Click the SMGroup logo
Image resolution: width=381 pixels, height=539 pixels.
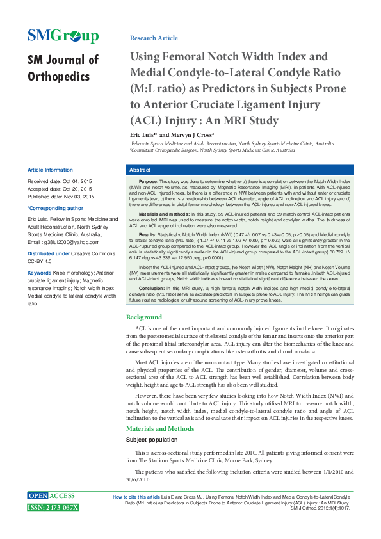pyautogui.click(x=63, y=36)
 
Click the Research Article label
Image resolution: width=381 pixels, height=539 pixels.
pyautogui.click(x=154, y=38)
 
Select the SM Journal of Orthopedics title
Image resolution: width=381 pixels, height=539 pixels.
pyautogui.click(x=63, y=68)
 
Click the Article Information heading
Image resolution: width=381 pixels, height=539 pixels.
pyautogui.click(x=50, y=170)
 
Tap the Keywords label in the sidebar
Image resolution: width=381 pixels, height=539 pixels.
pyautogui.click(x=39, y=273)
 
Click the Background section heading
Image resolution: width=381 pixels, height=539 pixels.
pyautogui.click(x=144, y=318)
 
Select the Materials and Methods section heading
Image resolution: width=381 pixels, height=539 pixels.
pyautogui.click(x=159, y=428)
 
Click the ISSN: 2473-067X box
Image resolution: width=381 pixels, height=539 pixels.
pyautogui.click(x=53, y=508)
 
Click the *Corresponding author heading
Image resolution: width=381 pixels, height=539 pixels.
pyautogui.click(x=55, y=208)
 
